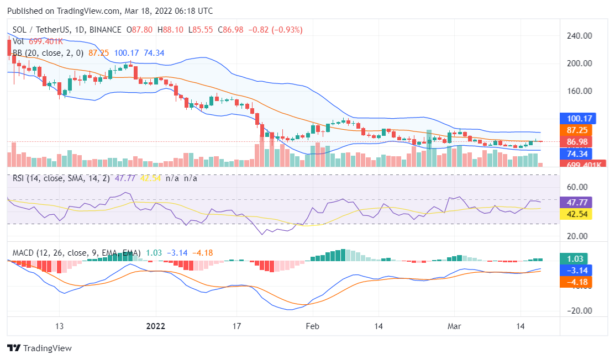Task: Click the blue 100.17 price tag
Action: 576,118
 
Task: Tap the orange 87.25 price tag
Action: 576,130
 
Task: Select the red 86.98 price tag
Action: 576,142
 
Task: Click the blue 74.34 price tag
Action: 576,153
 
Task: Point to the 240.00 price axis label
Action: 580,36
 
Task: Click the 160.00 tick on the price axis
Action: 580,91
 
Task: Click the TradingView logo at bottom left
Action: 39,348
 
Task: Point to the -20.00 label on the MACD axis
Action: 579,310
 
